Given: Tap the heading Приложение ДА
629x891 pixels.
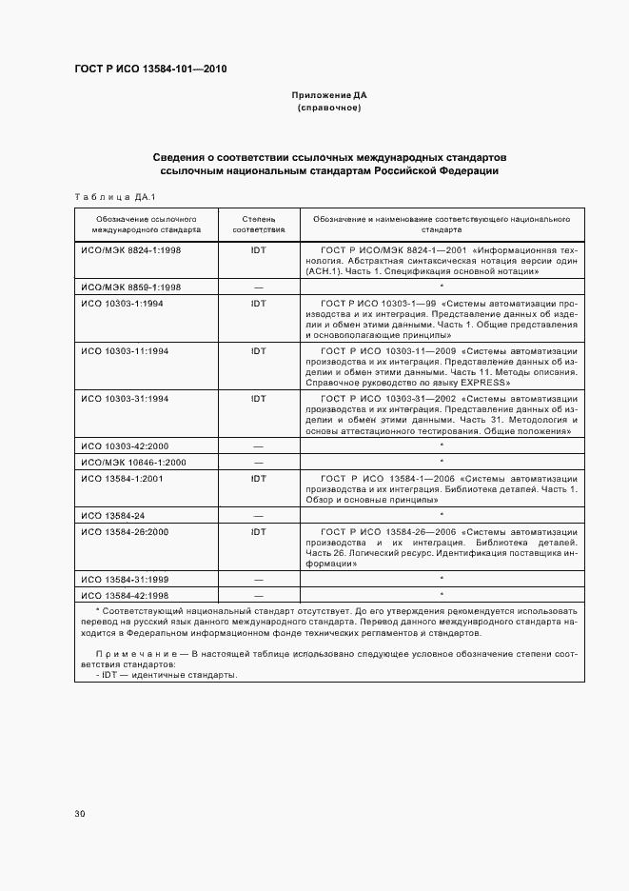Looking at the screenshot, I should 328,95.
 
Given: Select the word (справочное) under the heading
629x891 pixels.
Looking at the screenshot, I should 328,108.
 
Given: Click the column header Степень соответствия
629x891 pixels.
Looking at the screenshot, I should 259,225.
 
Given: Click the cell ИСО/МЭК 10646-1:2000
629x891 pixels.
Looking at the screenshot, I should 134,462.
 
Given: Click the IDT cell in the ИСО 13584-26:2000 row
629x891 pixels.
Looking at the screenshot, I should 258,530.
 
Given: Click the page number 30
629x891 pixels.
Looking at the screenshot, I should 80,813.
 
